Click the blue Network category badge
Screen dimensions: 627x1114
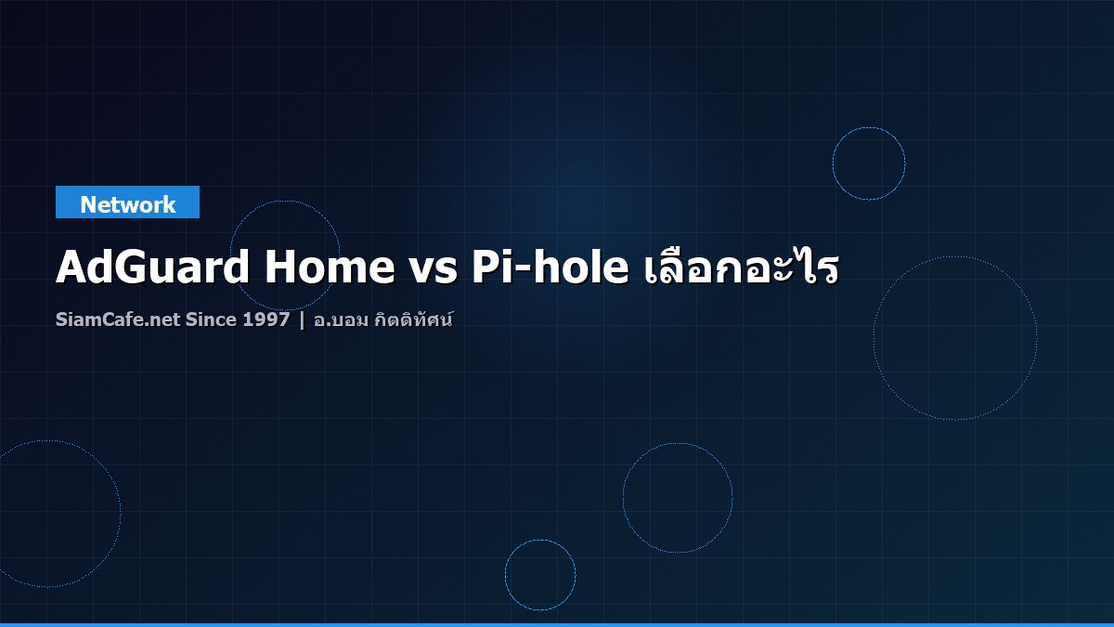pos(127,202)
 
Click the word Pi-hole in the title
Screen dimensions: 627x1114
pos(550,268)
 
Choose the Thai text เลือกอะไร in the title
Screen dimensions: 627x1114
pos(740,268)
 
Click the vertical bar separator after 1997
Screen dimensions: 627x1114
pos(302,320)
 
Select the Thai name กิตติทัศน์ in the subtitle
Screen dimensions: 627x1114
pos(415,320)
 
